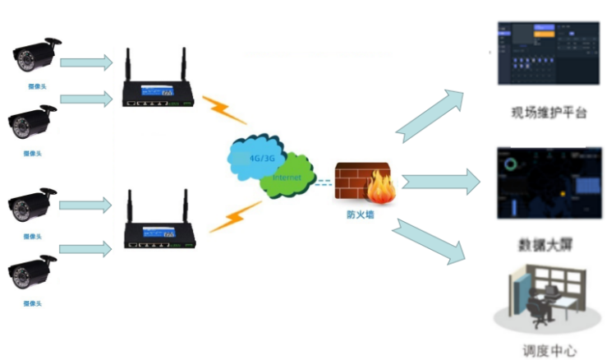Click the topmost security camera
coord(35,55)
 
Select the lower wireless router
coord(156,226)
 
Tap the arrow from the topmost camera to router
coord(86,62)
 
